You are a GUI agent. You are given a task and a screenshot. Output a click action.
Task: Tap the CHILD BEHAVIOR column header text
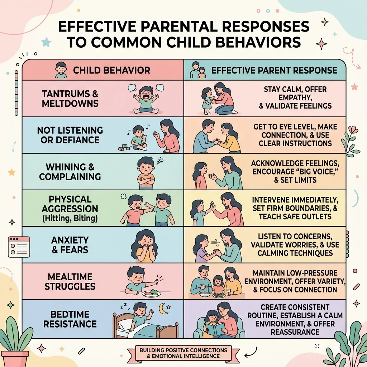pos(112,70)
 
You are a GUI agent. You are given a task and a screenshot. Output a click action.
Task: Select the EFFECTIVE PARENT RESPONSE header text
pos(274,70)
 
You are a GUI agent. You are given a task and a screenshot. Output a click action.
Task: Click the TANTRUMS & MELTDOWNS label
pos(70,99)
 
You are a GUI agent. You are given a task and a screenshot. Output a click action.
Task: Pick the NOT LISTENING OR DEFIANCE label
pos(70,135)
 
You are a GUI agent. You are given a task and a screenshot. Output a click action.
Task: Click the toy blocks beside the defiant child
pos(124,147)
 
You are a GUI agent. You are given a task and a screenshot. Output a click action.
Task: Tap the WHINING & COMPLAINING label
pos(70,172)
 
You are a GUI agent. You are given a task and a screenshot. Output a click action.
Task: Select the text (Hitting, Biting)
pos(70,218)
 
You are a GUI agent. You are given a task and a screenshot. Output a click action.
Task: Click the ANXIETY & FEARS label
pos(70,245)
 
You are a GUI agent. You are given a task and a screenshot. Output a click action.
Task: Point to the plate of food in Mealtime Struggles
pos(151,293)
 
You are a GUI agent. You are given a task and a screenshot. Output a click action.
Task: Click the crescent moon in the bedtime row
pos(163,309)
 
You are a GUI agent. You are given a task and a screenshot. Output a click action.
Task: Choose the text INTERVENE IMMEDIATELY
pos(295,200)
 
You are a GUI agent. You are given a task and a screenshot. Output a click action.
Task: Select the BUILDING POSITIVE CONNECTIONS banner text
pos(183,353)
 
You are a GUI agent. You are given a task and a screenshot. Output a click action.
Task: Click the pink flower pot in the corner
pos(16,359)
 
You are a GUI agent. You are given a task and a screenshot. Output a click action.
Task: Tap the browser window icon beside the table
pos(19,247)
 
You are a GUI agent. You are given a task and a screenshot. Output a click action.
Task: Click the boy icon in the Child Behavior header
pos(61,70)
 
